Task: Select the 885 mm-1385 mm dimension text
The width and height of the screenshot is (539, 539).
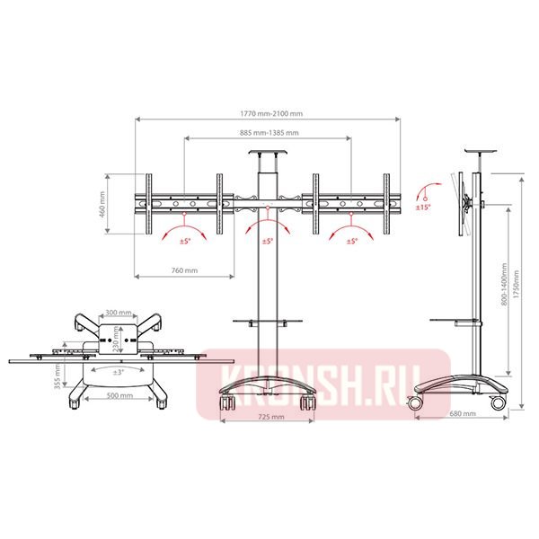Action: click(x=267, y=133)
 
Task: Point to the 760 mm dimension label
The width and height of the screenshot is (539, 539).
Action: click(x=184, y=269)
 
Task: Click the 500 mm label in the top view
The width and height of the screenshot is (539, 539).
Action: click(x=119, y=395)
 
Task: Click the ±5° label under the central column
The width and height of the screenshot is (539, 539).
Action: click(x=267, y=242)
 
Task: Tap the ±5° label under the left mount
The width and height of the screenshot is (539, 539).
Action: click(x=184, y=242)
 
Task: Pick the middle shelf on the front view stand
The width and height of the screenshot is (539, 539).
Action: click(x=267, y=321)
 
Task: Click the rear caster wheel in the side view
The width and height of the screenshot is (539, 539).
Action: click(x=496, y=403)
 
